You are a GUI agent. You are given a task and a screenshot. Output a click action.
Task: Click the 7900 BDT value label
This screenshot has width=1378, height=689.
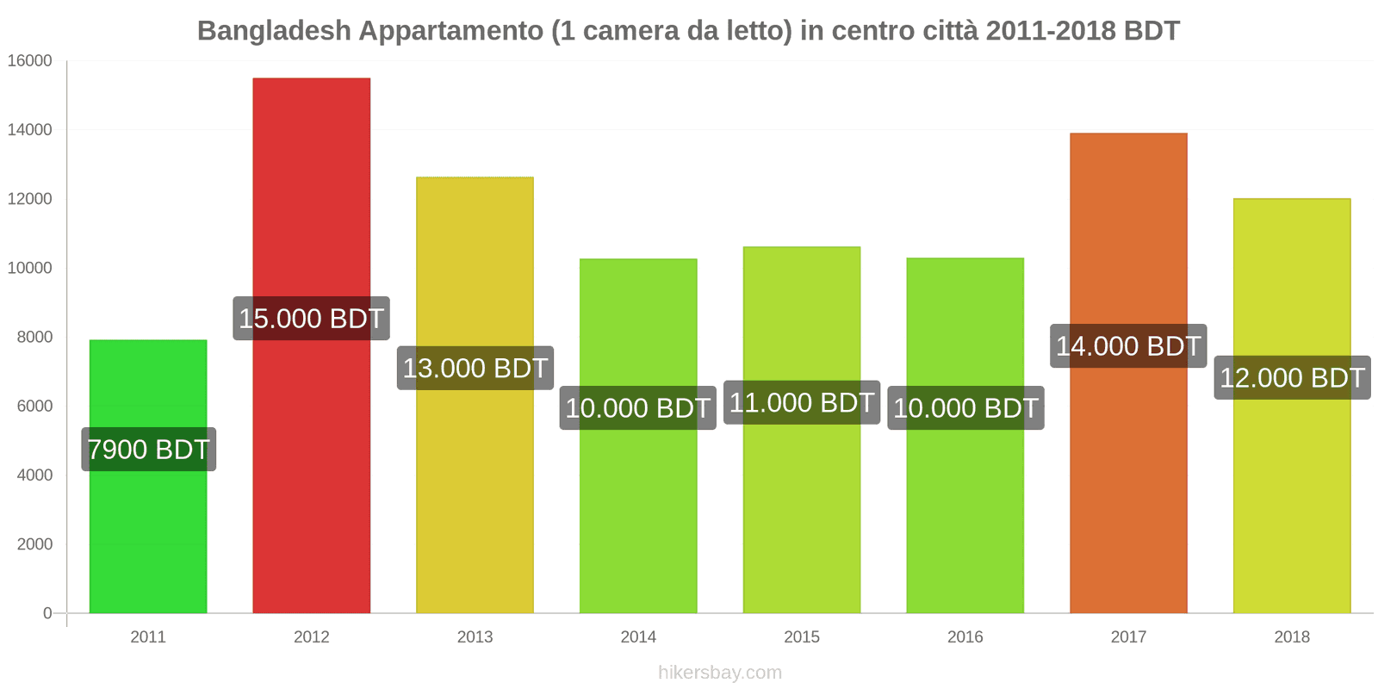pyautogui.click(x=148, y=450)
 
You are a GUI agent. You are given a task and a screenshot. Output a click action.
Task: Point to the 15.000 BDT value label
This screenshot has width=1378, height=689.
pyautogui.click(x=311, y=319)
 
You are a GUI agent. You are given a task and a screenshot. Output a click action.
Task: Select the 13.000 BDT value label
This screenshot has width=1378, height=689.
pyautogui.click(x=475, y=369)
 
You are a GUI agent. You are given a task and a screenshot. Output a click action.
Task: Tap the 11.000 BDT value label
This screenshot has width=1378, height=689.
pyautogui.click(x=802, y=403)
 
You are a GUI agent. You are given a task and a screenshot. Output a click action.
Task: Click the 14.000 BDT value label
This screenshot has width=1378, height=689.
pyautogui.click(x=1128, y=346)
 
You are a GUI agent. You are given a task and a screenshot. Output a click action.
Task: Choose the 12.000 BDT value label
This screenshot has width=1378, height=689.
pyautogui.click(x=1292, y=378)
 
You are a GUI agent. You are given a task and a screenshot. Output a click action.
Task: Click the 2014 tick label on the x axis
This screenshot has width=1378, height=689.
pyautogui.click(x=638, y=637)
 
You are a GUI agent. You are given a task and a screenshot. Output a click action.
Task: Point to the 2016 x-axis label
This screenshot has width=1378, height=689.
pyautogui.click(x=965, y=637)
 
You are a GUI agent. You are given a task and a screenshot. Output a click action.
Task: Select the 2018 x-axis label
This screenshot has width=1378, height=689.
pyautogui.click(x=1292, y=637)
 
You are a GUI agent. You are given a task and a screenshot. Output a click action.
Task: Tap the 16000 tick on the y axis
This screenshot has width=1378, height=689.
pyautogui.click(x=30, y=61)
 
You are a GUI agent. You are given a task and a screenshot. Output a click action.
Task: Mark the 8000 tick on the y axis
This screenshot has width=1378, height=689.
pyautogui.click(x=34, y=338)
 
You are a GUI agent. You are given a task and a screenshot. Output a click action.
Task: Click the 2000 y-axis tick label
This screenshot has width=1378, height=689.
pyautogui.click(x=34, y=544)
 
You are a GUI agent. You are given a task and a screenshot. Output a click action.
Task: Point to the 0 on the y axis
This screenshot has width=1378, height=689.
pyautogui.click(x=47, y=613)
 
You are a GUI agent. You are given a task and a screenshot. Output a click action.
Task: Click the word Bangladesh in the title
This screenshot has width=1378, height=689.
pyautogui.click(x=274, y=31)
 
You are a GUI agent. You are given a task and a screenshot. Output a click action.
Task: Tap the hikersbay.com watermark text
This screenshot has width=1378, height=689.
pyautogui.click(x=720, y=673)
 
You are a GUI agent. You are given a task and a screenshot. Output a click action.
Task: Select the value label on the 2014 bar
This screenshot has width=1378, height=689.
pyautogui.click(x=638, y=408)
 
